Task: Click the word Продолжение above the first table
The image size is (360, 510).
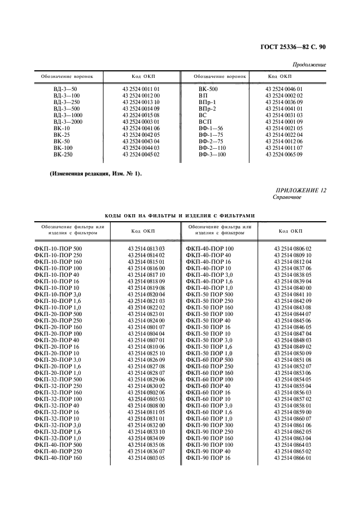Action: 310,65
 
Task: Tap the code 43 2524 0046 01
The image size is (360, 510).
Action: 284,88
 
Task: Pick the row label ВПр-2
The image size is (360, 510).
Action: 208,108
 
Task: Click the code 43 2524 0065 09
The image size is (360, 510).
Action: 284,155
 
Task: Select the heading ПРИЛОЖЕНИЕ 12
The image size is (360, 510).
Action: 301,190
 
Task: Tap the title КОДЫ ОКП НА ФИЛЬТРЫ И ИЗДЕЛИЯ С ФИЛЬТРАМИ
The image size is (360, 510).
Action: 180,215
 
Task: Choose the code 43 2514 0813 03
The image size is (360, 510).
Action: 146,248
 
